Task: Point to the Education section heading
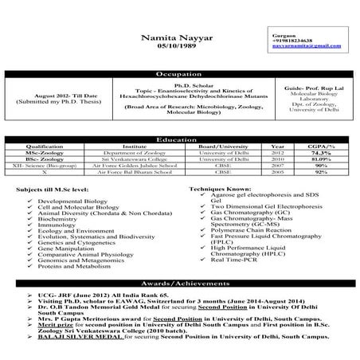[179, 139]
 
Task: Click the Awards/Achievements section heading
[179, 284]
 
